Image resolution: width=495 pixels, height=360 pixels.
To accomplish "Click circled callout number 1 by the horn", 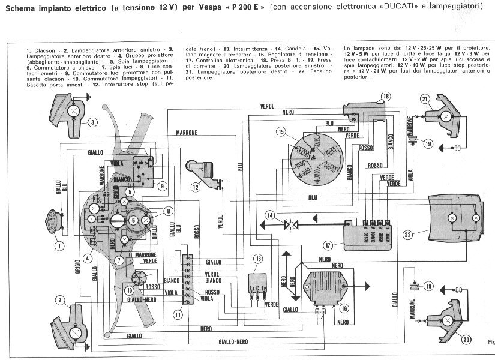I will click(59, 245).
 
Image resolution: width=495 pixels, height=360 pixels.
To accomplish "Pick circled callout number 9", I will click(161, 185).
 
